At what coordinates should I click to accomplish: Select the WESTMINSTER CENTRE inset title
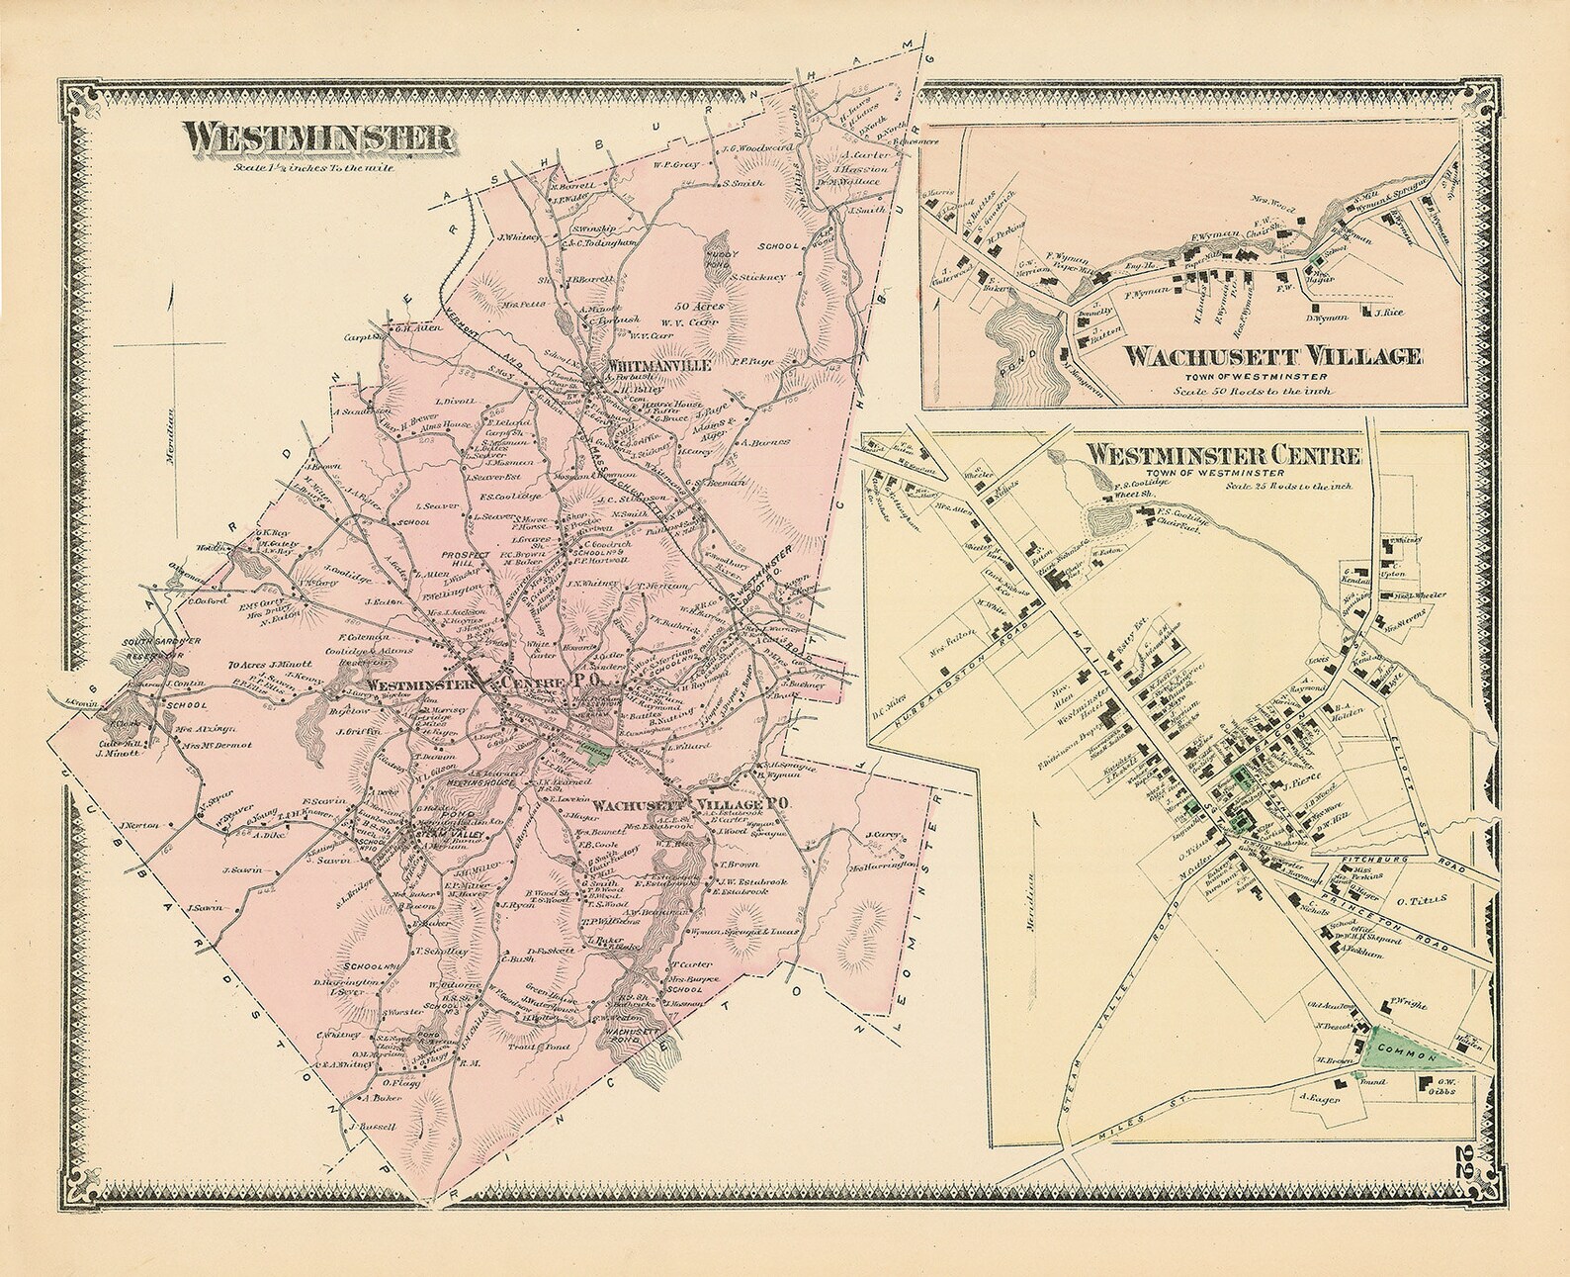point(1225,456)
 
